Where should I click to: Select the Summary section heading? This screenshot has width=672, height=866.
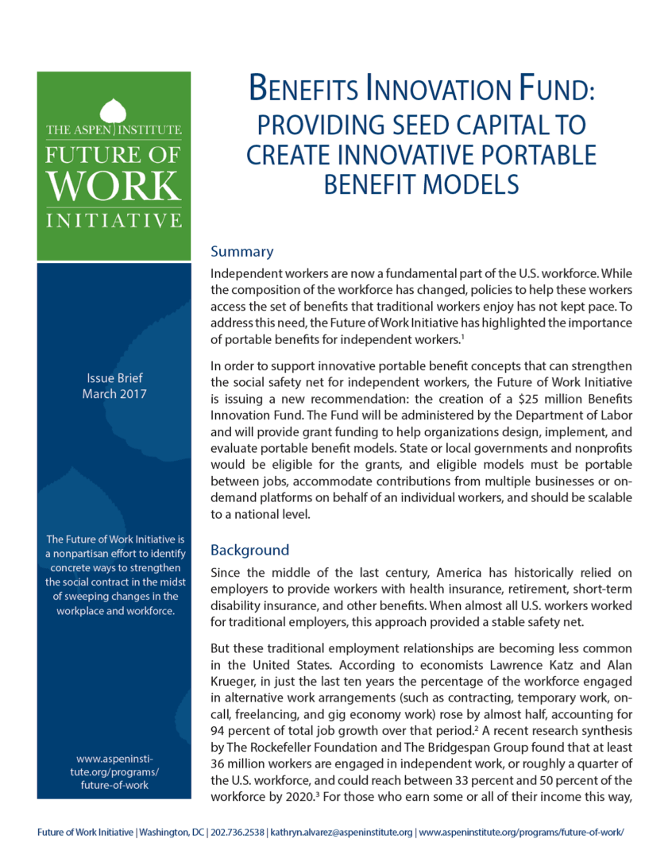click(x=241, y=252)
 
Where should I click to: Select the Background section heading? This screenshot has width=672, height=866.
click(x=249, y=550)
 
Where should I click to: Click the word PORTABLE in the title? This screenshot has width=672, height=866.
click(x=537, y=154)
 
